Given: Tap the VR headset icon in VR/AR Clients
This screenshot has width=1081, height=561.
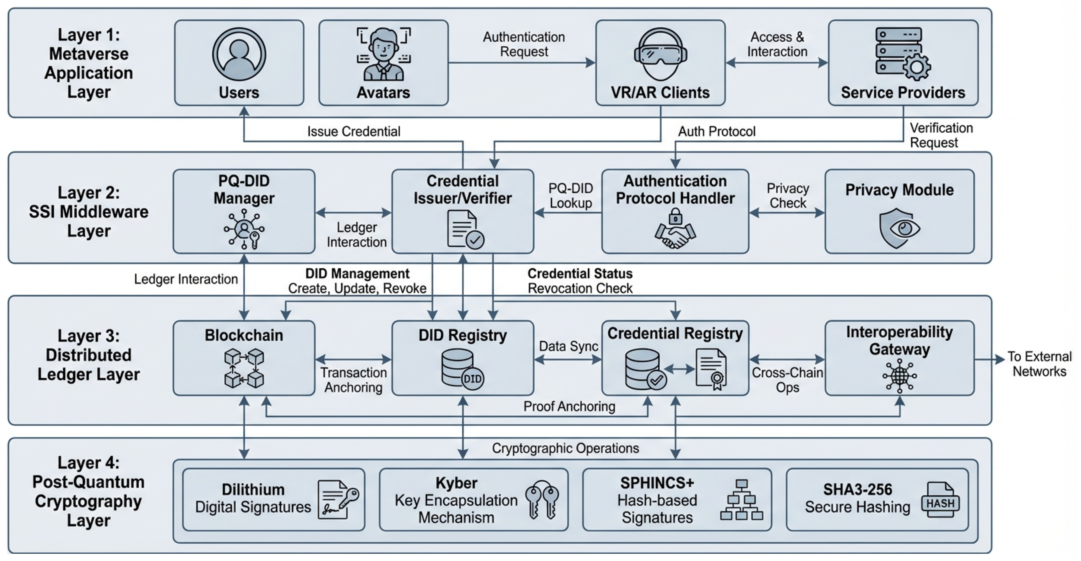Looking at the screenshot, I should tap(660, 54).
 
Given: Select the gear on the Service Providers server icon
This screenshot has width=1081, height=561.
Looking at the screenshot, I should tap(916, 67).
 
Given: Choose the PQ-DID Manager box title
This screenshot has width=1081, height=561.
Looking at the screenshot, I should tap(244, 189).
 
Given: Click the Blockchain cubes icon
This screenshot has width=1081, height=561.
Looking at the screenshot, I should tap(244, 368).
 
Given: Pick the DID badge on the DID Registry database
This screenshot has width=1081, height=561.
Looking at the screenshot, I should tap(473, 379).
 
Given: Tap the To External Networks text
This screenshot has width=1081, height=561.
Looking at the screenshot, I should tap(1039, 364).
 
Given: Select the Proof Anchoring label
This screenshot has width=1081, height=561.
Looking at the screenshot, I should tap(569, 406).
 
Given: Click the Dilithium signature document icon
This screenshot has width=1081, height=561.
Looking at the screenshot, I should tap(337, 499).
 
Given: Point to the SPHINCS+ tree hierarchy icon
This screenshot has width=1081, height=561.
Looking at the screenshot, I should tap(741, 500).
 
